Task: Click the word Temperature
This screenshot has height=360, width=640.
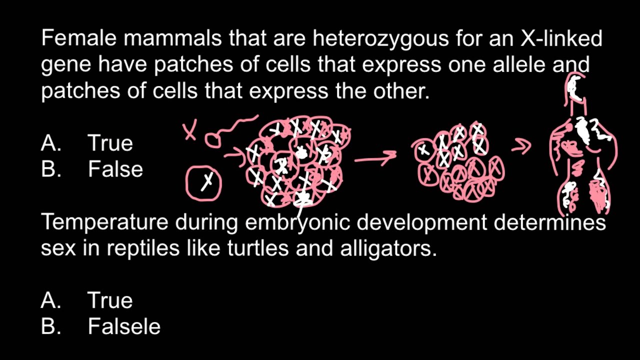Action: pos(104,221)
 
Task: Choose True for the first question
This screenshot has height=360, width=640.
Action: pos(110,143)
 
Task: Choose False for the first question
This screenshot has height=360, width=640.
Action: pos(115,169)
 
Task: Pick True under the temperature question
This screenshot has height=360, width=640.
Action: pos(110,300)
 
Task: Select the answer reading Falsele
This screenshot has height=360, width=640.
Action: pos(124,326)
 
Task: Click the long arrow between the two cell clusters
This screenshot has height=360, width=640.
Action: pos(375,159)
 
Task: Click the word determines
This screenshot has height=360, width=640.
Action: pos(550,221)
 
